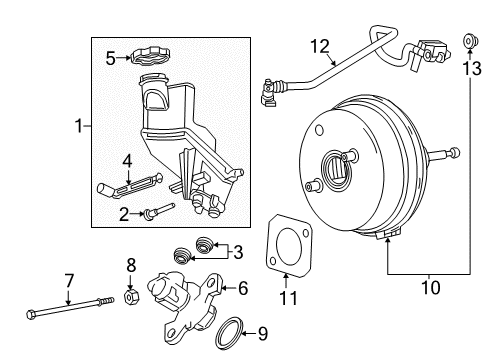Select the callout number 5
point(111,58)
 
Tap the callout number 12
point(319,46)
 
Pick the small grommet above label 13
point(468,40)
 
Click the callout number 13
point(472,66)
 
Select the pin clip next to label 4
point(117,183)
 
